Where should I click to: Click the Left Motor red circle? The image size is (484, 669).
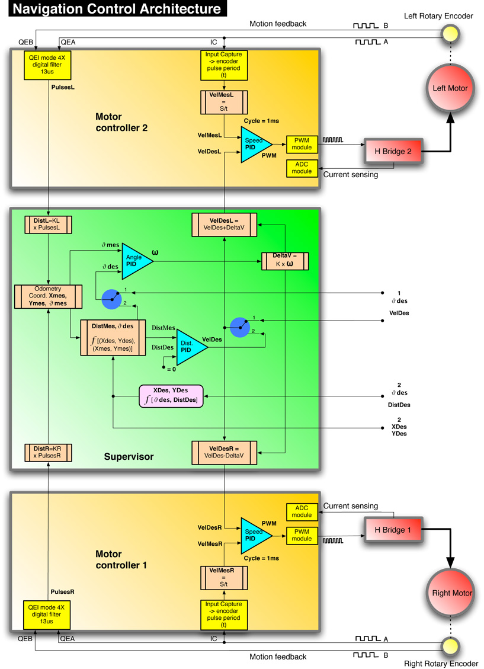[449, 88]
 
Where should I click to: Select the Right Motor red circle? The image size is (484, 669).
[449, 593]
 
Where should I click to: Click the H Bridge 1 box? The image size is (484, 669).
[393, 529]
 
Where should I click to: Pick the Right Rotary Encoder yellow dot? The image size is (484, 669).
[450, 645]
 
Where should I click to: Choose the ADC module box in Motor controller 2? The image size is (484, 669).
[302, 167]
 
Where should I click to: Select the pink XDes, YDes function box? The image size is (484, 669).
[171, 396]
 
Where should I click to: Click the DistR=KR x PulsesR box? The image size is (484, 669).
[48, 453]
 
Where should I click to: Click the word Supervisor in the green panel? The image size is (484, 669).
[129, 456]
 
